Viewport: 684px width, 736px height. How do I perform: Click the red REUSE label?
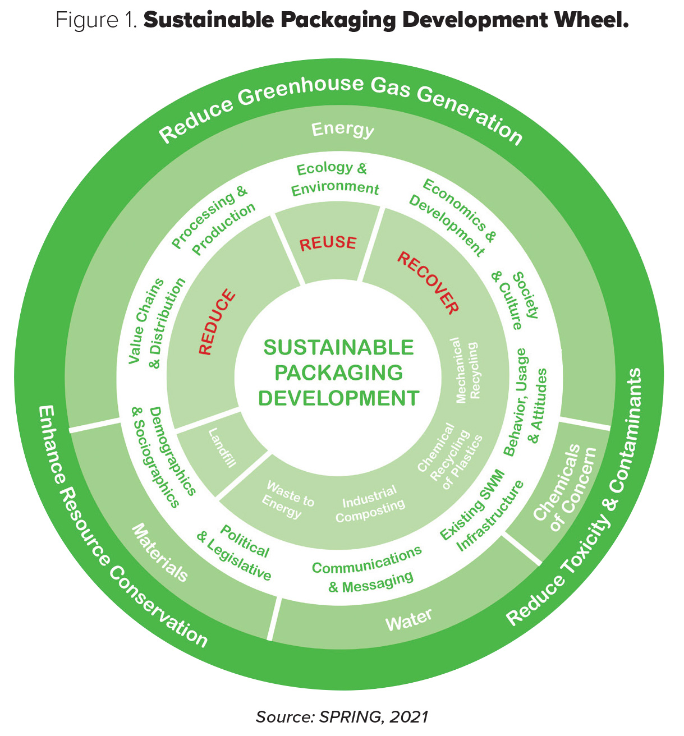coord(328,243)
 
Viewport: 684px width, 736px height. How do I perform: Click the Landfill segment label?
coord(222,448)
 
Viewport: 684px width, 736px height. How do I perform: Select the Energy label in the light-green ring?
coord(342,130)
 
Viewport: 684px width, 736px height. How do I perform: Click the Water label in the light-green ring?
coord(408,619)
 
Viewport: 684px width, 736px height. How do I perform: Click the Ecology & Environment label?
coord(334,178)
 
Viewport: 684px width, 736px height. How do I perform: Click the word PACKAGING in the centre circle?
coord(338,372)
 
